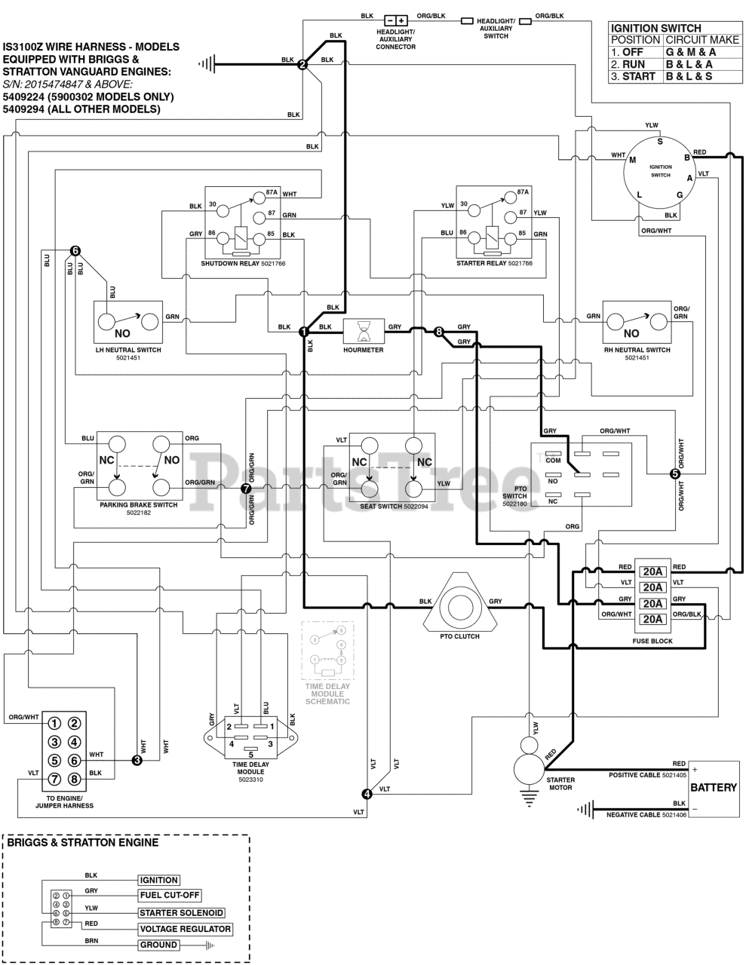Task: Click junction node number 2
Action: click(302, 65)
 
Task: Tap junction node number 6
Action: click(75, 251)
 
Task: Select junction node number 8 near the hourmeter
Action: click(439, 331)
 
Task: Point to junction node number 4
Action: click(367, 794)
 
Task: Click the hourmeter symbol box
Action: click(364, 331)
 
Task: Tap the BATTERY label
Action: click(714, 787)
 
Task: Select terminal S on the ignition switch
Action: click(660, 142)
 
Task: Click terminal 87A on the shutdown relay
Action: click(259, 198)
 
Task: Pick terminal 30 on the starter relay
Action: click(474, 210)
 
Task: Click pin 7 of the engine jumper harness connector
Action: click(54, 779)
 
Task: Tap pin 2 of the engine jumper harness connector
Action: click(74, 724)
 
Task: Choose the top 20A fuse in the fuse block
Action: click(652, 571)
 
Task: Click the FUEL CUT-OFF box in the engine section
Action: click(170, 895)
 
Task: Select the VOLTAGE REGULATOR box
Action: click(186, 929)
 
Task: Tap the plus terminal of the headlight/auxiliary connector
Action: click(401, 20)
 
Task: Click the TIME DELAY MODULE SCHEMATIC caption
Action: click(327, 694)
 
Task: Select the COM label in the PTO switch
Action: click(553, 460)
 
